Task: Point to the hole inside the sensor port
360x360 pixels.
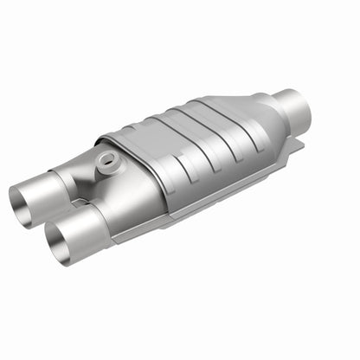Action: point(107,159)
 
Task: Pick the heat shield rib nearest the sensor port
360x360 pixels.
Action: point(138,156)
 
